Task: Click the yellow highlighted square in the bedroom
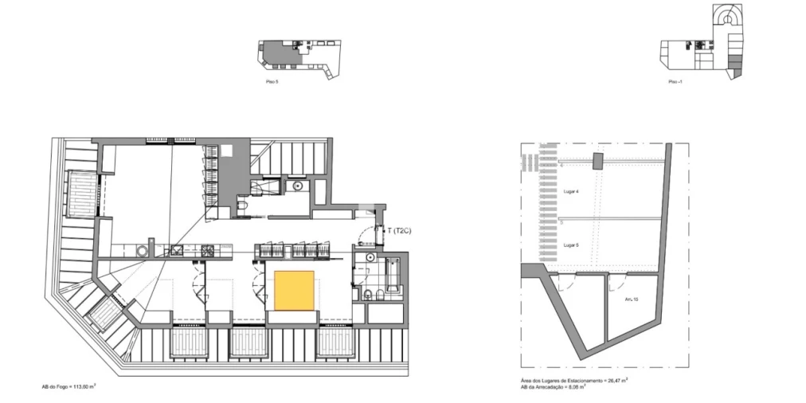(x=294, y=291)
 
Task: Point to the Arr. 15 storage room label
(x=631, y=299)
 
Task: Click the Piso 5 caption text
(x=272, y=82)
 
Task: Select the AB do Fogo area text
(x=70, y=385)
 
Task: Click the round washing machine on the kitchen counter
(x=143, y=251)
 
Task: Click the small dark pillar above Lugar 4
(x=598, y=162)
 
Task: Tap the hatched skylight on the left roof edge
(x=80, y=195)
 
